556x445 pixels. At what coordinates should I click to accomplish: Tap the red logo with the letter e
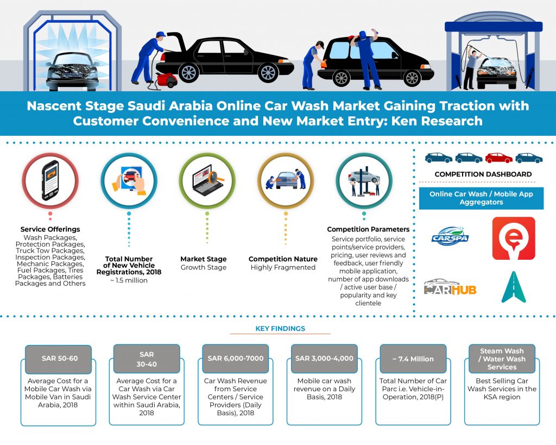[513, 238]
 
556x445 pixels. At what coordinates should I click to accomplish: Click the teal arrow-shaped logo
[513, 287]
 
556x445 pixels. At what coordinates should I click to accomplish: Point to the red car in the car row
[498, 158]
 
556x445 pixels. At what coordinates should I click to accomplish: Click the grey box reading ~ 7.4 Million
[413, 359]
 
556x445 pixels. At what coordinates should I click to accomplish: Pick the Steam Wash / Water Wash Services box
[502, 359]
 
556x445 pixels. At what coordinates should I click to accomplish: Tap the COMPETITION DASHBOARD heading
[483, 174]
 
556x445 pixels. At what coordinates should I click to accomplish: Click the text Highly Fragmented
[283, 267]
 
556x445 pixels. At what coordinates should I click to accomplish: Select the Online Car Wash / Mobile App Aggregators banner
[481, 198]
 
